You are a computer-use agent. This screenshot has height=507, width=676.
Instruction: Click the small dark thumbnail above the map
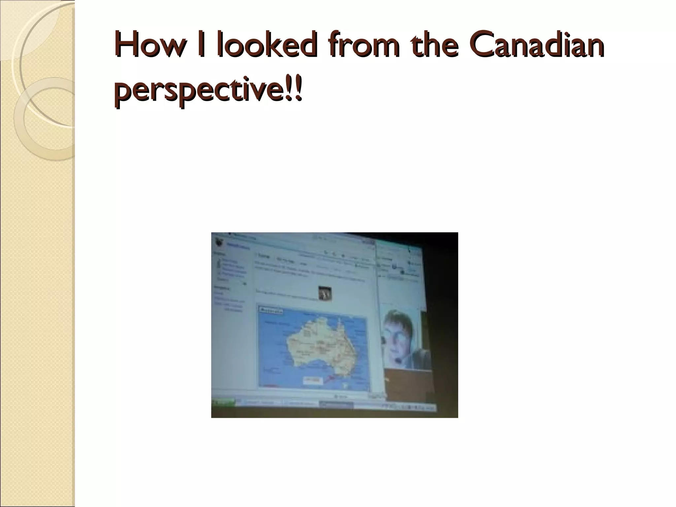tap(325, 293)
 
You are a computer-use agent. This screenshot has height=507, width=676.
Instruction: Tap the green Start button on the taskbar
tap(224, 402)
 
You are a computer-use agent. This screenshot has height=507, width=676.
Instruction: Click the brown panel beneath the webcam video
tap(408, 383)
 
